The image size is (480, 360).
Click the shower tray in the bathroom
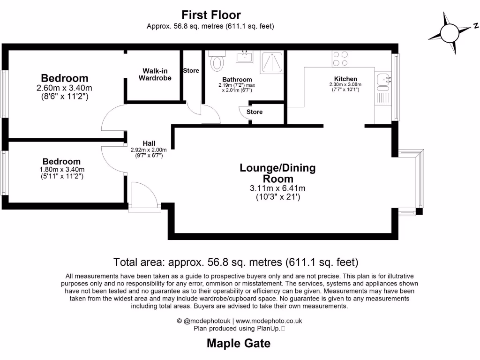[271, 61]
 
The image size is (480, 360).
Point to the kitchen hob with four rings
[340, 58]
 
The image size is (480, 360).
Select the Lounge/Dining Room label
[277, 173]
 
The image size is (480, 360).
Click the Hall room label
[149, 143]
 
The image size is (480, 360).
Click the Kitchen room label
[345, 79]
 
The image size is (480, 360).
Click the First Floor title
[211, 15]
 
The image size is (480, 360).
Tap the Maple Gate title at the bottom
[239, 344]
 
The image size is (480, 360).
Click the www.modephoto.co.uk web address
[269, 321]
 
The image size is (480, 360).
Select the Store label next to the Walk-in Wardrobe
[191, 71]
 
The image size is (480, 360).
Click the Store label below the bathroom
[255, 112]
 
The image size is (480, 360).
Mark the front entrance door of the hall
[143, 197]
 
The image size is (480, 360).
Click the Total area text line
[236, 262]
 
